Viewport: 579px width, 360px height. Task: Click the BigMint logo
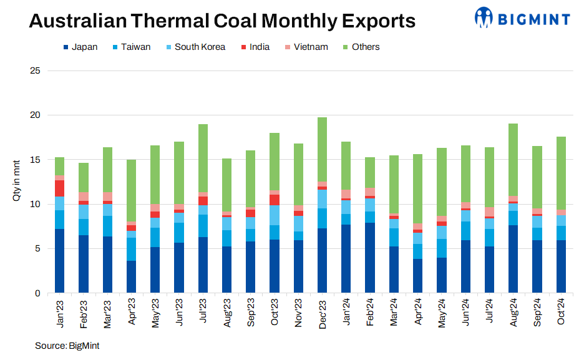click(522, 17)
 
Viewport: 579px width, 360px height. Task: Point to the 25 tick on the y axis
click(35, 71)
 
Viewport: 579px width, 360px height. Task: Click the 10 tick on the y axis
click(35, 204)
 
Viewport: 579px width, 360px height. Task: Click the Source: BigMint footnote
click(67, 345)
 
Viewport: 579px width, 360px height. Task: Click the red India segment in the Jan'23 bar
click(60, 188)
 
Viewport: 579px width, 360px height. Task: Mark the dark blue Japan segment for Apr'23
click(132, 276)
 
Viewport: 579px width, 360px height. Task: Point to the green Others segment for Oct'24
click(562, 173)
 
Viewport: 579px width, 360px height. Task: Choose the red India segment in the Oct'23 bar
click(275, 200)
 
